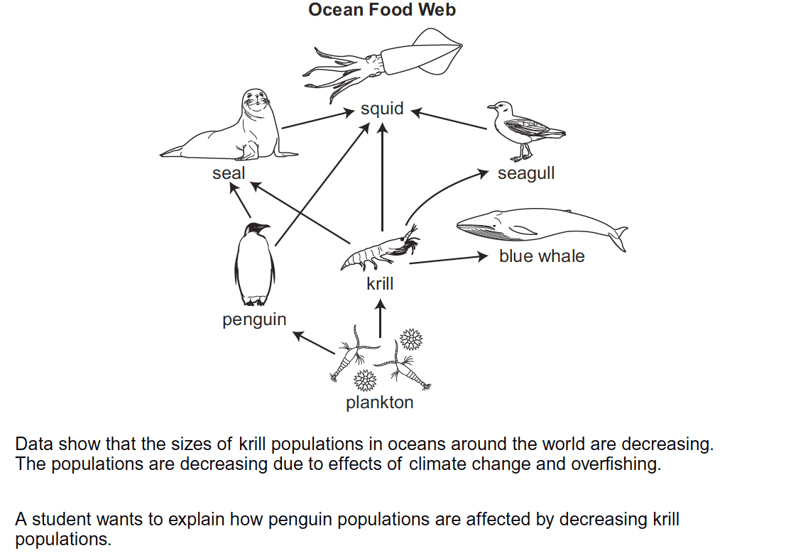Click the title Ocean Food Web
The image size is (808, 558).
click(382, 10)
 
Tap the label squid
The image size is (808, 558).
click(382, 108)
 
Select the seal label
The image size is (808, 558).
click(229, 173)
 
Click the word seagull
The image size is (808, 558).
click(526, 174)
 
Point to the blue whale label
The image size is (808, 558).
click(542, 256)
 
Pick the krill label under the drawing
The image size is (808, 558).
click(380, 283)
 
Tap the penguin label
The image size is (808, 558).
click(254, 319)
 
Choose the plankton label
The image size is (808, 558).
click(380, 403)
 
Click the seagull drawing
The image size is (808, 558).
click(525, 131)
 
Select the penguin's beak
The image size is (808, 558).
click(264, 226)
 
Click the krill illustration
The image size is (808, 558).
click(380, 250)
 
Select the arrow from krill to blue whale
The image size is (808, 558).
click(448, 259)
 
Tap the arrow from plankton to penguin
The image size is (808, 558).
click(313, 343)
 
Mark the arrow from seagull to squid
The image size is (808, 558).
click(449, 119)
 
